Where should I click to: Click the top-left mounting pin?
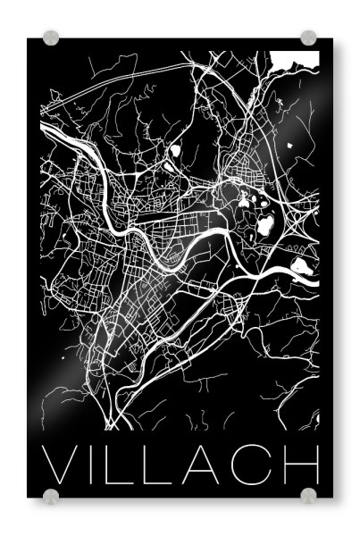pyautogui.click(x=52, y=38)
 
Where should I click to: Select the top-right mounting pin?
pyautogui.click(x=308, y=38)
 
